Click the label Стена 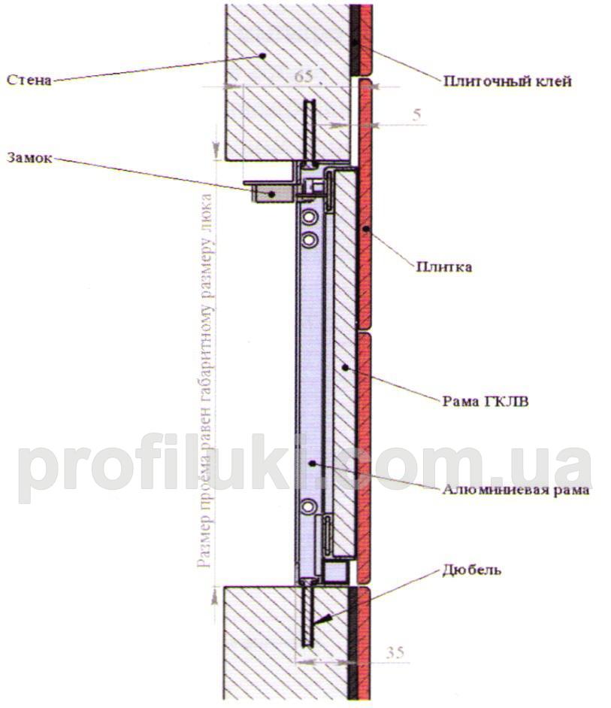pos(29,79)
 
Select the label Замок pos(29,158)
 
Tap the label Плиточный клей pos(507,81)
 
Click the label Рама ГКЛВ pos(485,401)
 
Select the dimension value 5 pos(416,115)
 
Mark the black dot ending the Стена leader pos(262,55)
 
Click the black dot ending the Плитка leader pos(365,226)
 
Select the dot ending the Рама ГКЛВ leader pos(345,366)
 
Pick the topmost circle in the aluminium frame pos(307,218)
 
